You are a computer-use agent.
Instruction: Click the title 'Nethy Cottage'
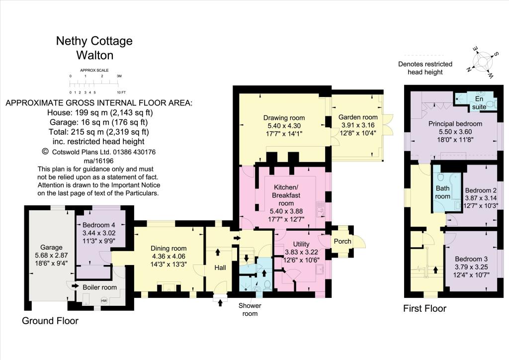tap(94, 41)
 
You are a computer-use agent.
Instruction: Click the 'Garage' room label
tap(51, 247)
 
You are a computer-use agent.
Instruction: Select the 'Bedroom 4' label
tap(97, 224)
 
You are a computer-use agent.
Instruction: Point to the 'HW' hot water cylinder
tap(104, 300)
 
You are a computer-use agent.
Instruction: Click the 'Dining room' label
tap(169, 249)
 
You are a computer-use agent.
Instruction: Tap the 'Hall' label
tap(220, 268)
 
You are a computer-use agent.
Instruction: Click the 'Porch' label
tap(342, 241)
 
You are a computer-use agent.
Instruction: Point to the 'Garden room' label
tap(357, 118)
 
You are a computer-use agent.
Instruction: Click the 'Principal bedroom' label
tap(455, 123)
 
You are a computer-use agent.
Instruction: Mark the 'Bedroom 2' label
tap(480, 190)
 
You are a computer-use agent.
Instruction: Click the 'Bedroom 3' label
tap(471, 259)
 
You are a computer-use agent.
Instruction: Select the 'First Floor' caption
tap(424, 308)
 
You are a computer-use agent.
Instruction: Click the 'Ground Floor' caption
tap(50, 321)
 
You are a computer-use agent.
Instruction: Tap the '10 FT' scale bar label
tap(121, 93)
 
